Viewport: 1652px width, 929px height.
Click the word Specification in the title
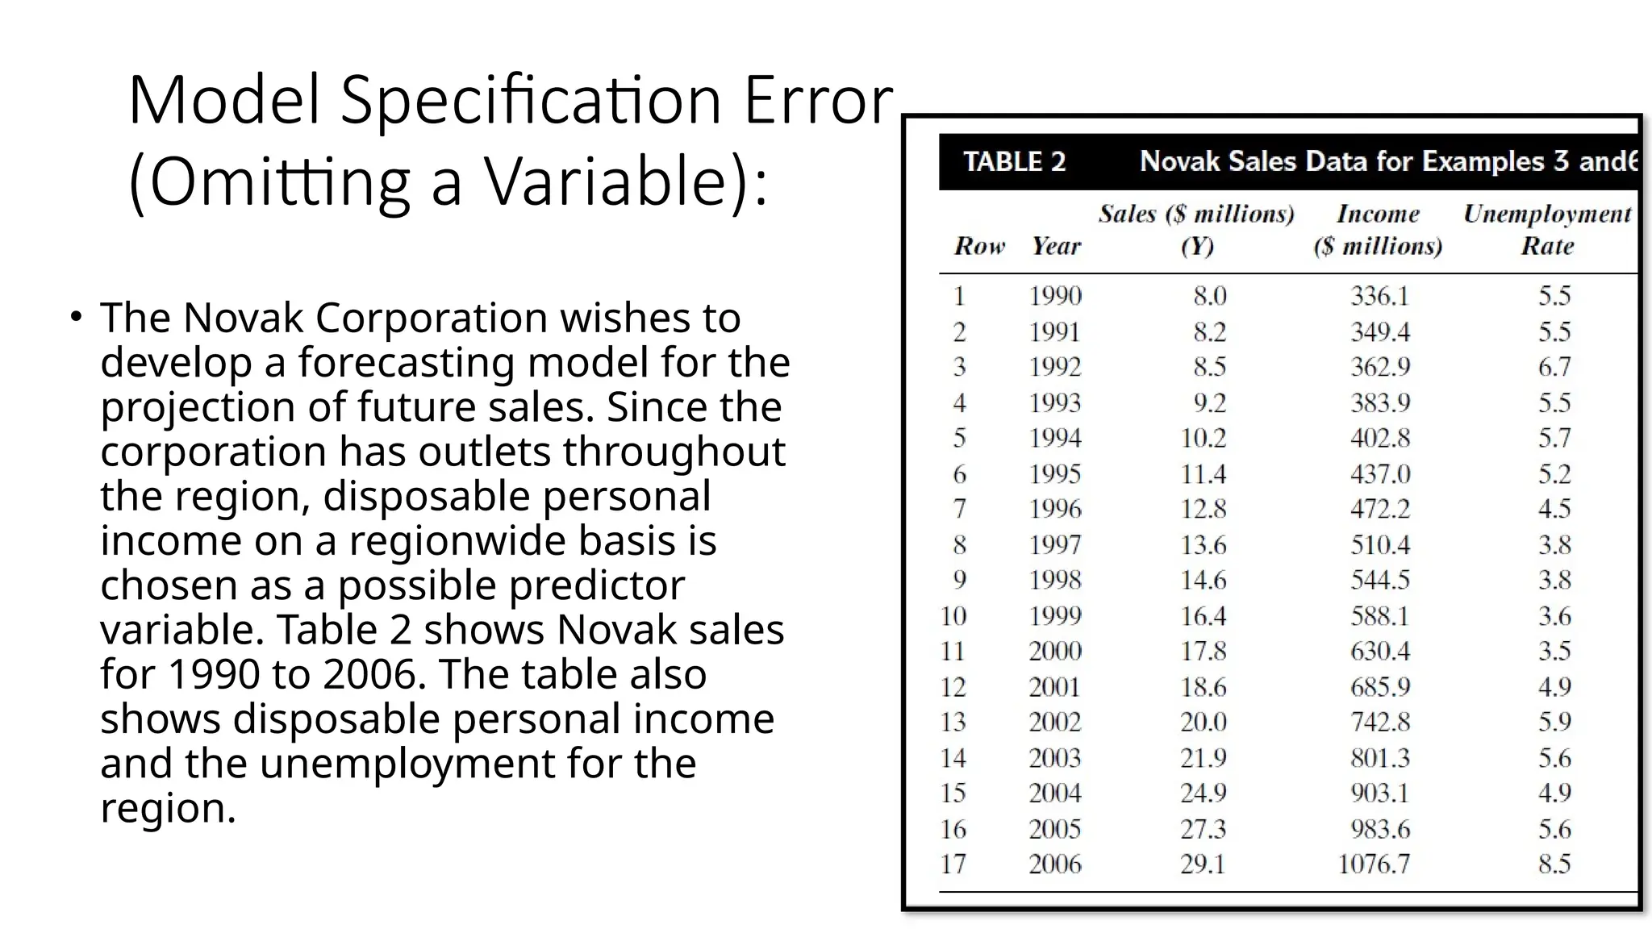[530, 101]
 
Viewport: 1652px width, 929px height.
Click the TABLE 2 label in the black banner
[1014, 161]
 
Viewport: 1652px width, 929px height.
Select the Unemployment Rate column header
[1547, 230]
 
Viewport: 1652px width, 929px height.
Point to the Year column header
[1056, 246]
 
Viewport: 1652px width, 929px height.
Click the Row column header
[979, 246]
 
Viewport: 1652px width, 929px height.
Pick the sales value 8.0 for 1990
[1210, 296]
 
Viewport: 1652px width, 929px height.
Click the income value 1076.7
[1374, 864]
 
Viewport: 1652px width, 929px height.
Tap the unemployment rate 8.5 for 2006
[1554, 864]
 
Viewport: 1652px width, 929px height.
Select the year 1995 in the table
[1055, 473]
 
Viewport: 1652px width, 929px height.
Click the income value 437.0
[1380, 473]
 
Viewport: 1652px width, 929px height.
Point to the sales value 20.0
[1204, 722]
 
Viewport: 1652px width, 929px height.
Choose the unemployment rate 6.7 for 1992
[1554, 367]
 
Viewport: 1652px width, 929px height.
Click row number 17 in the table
[953, 864]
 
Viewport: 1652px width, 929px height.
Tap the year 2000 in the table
[1055, 651]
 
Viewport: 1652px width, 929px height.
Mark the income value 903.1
[1380, 793]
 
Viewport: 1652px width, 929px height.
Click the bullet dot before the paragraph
[75, 316]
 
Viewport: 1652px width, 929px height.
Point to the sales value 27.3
[1204, 829]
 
